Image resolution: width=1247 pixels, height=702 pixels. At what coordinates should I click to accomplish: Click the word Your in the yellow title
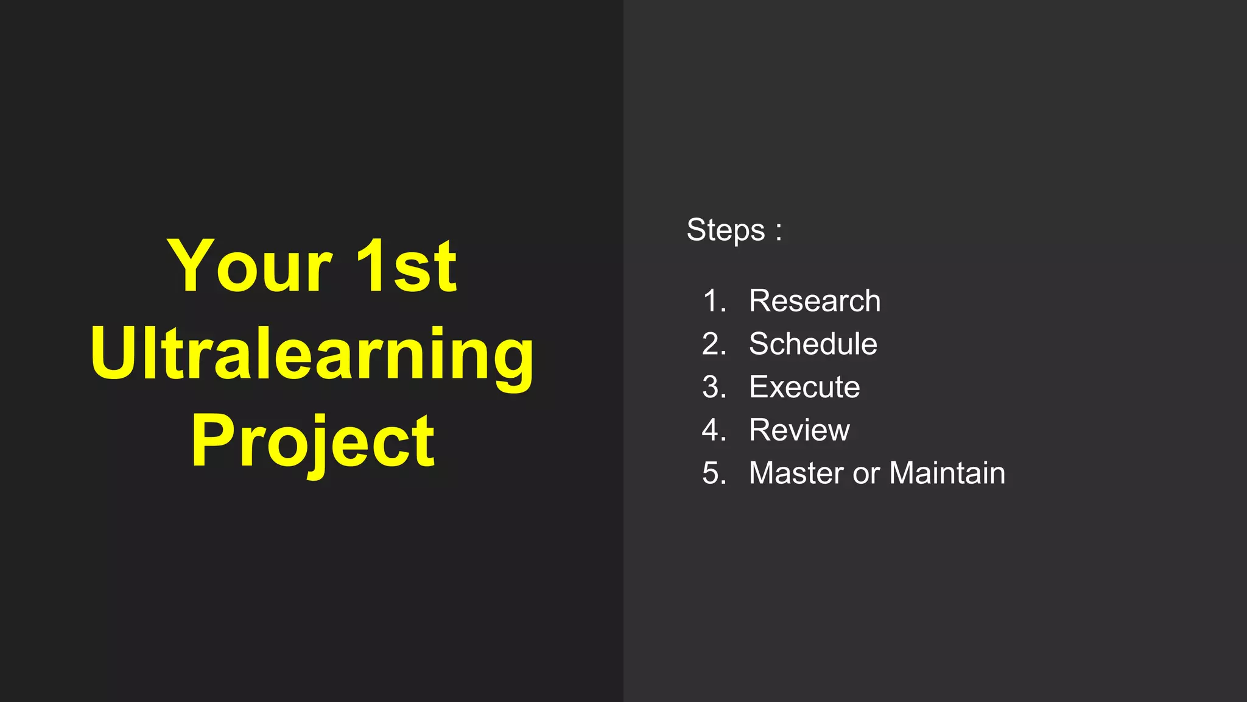[250, 266]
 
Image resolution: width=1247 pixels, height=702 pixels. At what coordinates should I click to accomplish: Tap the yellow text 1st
[406, 266]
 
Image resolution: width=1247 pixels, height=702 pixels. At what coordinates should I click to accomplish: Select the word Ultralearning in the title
[312, 353]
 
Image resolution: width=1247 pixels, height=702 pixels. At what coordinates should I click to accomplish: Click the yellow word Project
[312, 440]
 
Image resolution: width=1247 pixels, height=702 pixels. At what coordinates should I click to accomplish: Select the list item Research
[814, 300]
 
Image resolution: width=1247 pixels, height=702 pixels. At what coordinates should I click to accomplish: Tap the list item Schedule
[813, 344]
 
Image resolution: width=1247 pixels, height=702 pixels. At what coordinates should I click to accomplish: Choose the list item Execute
[804, 387]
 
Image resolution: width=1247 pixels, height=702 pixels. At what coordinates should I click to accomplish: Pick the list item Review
[799, 430]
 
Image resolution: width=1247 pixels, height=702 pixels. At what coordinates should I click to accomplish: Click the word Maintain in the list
[947, 473]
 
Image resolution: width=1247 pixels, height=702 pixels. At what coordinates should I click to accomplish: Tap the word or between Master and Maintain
[866, 474]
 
